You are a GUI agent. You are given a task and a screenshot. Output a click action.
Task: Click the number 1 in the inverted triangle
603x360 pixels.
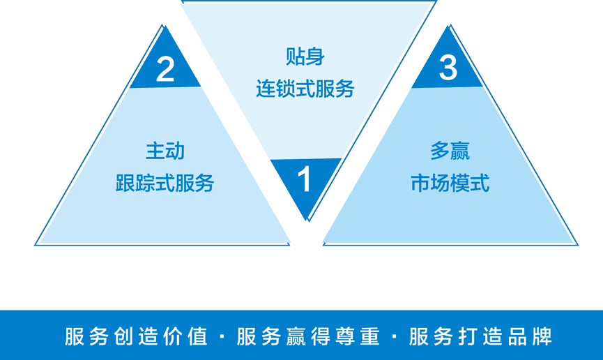click(x=305, y=180)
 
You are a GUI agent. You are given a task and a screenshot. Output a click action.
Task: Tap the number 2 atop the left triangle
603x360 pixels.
click(x=165, y=70)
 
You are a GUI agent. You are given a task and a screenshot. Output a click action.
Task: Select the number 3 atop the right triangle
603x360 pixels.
click(x=448, y=68)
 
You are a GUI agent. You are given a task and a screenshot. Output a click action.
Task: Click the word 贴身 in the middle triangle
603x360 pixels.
click(x=305, y=57)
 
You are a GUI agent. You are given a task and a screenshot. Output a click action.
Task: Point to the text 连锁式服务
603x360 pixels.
click(x=305, y=89)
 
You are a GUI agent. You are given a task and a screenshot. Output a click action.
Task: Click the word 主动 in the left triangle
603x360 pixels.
click(x=165, y=150)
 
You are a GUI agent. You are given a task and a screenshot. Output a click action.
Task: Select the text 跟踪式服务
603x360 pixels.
click(x=165, y=183)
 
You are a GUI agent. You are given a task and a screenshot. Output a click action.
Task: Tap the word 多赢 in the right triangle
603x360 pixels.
click(x=450, y=150)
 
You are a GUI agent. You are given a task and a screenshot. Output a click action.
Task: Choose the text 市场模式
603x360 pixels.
click(x=450, y=183)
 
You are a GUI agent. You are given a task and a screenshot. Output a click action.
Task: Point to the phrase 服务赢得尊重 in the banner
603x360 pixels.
click(x=308, y=336)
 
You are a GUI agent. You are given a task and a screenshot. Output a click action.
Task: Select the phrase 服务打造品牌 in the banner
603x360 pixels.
click(x=481, y=336)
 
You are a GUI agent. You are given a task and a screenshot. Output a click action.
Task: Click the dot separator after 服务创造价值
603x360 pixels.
click(x=222, y=337)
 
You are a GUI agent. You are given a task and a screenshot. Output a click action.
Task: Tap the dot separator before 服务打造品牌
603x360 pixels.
click(x=395, y=337)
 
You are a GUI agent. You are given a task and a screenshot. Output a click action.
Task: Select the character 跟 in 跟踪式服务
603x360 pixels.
click(x=125, y=183)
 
